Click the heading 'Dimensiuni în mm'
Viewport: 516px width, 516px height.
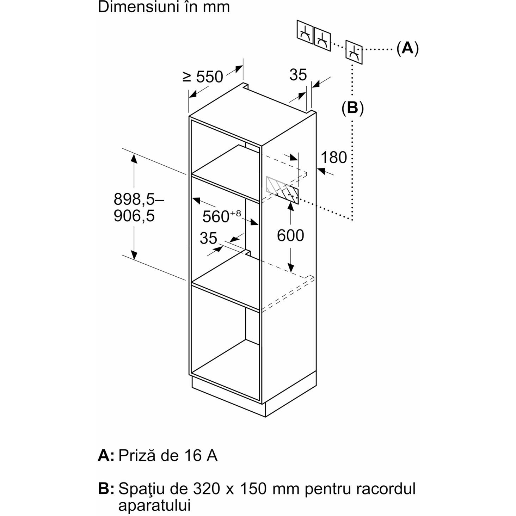click(x=164, y=7)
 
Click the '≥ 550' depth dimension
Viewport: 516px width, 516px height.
click(x=202, y=77)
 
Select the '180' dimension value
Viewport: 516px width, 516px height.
click(x=334, y=157)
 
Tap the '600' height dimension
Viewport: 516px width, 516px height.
click(x=290, y=235)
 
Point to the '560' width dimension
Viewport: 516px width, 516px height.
click(x=216, y=216)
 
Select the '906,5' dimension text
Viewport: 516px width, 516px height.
click(x=134, y=216)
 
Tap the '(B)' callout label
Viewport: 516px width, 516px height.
click(x=352, y=108)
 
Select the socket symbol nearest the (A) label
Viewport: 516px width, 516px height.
click(x=354, y=52)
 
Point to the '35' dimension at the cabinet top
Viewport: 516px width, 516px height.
click(x=298, y=75)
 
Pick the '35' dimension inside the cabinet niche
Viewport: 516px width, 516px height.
click(x=208, y=238)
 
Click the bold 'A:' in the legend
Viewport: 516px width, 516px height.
click(x=106, y=455)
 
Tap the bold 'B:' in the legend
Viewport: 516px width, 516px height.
click(x=106, y=489)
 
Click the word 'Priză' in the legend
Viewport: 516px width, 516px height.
click(x=137, y=455)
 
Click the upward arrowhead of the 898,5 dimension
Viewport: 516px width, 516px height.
click(x=134, y=159)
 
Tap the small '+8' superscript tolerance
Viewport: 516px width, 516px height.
click(x=235, y=214)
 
